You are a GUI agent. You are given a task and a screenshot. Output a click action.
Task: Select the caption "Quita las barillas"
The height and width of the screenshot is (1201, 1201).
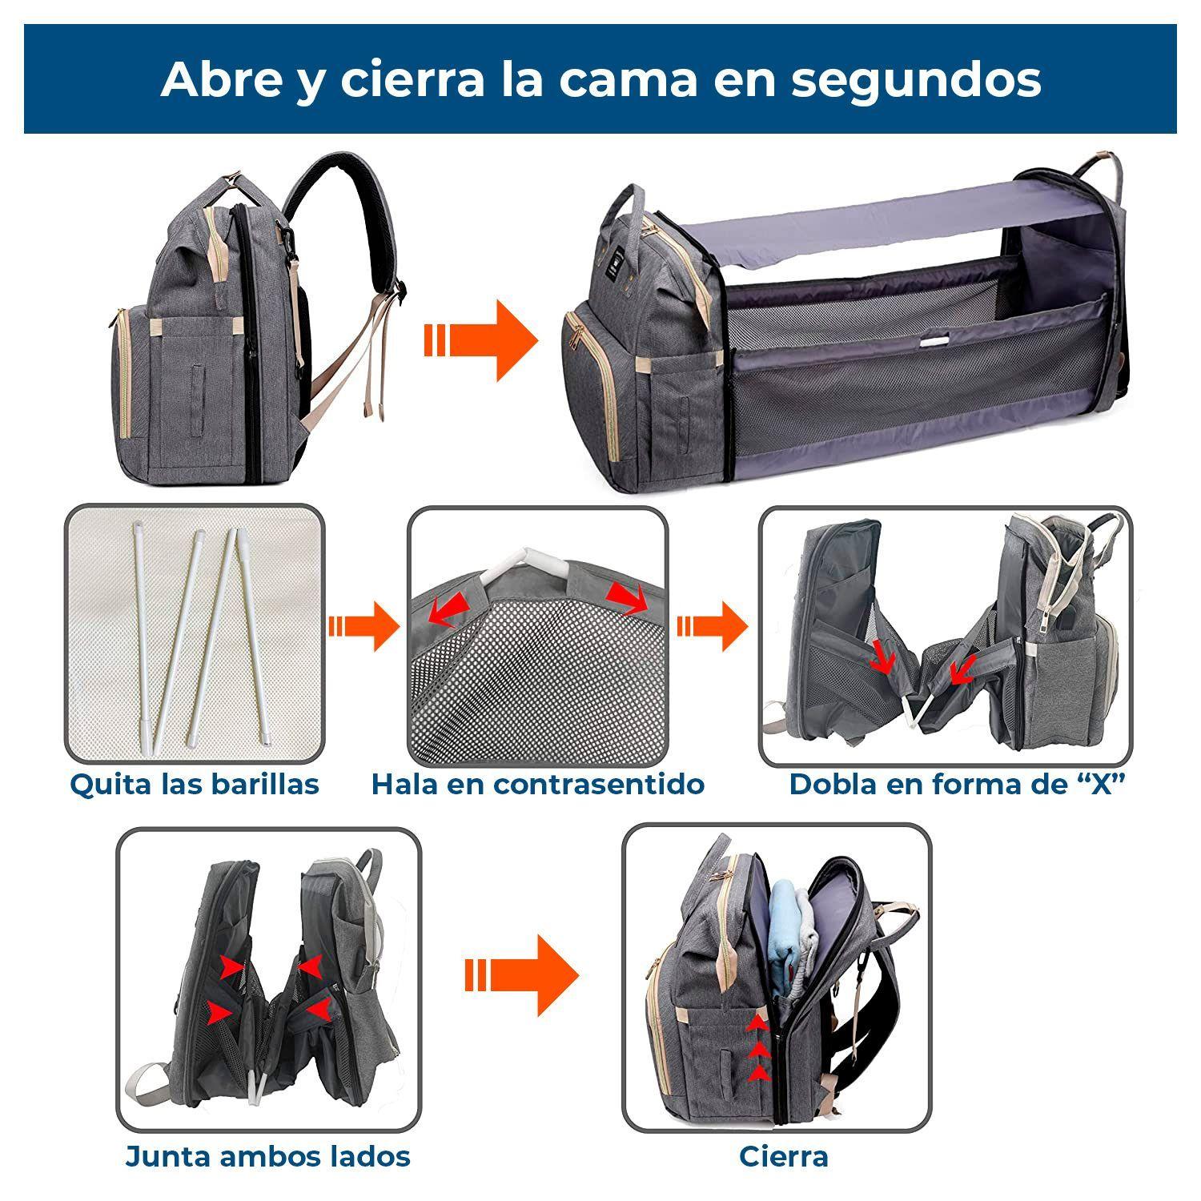click(195, 784)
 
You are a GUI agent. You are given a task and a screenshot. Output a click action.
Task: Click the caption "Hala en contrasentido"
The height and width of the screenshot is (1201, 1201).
click(537, 784)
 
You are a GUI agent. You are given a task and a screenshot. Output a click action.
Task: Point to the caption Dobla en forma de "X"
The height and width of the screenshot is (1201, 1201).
click(957, 784)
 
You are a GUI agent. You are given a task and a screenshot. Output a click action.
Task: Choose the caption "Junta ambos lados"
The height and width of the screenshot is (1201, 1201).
click(267, 1156)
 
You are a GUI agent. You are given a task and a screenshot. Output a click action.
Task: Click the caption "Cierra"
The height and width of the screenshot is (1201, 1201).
click(783, 1156)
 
